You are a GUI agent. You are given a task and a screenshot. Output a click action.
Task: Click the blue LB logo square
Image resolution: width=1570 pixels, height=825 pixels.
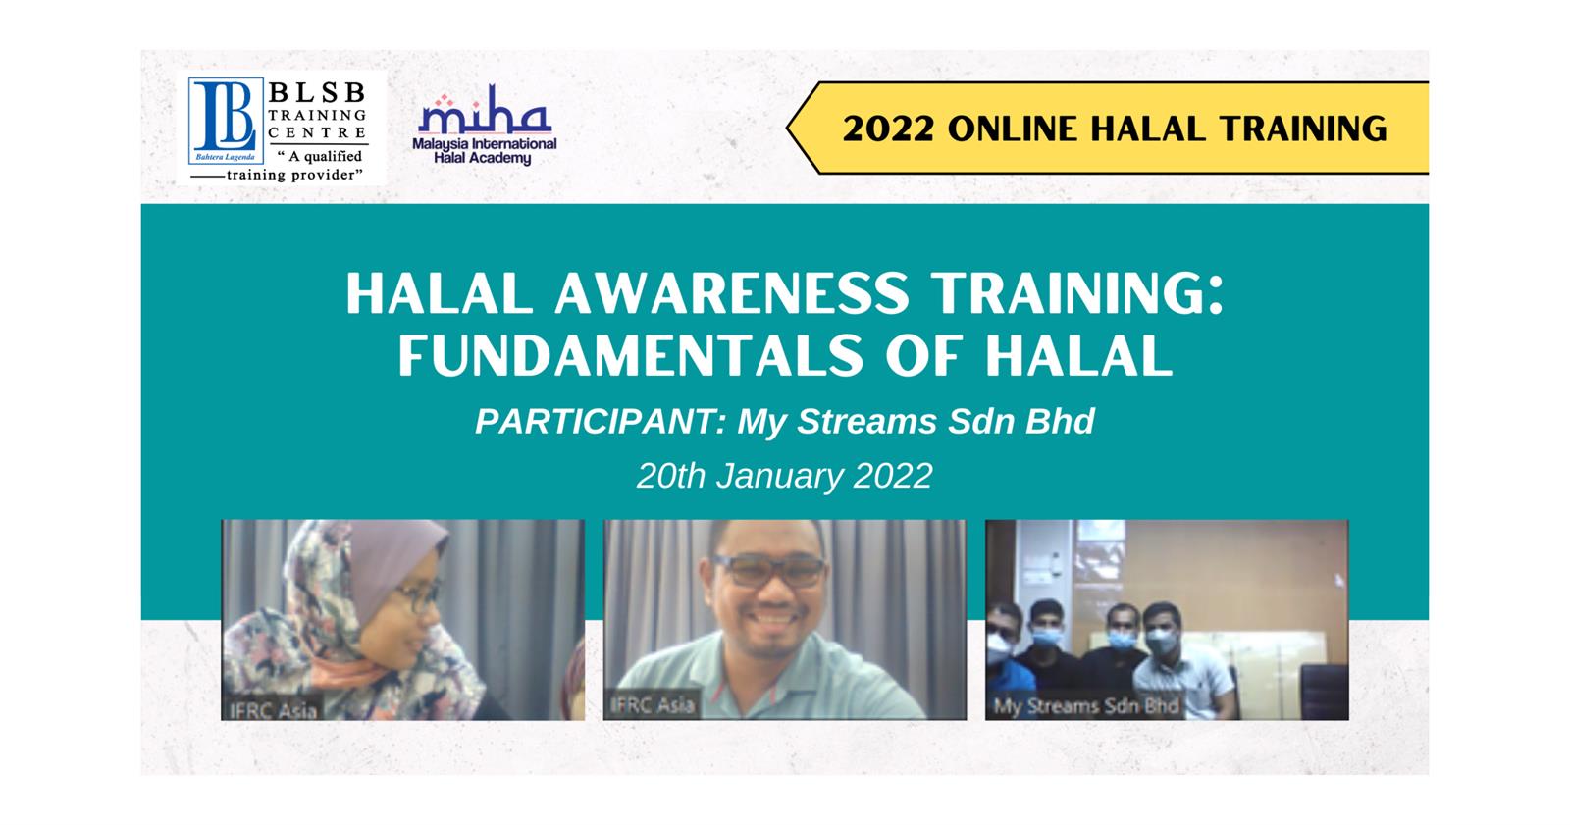click(x=226, y=121)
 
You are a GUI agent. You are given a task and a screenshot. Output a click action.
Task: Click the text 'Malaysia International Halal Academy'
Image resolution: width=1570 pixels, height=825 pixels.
click(x=485, y=151)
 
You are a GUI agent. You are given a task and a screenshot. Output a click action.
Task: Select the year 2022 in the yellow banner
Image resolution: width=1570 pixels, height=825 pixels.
click(x=888, y=129)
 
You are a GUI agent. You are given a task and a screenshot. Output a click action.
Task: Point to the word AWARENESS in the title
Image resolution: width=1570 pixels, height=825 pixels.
click(x=732, y=293)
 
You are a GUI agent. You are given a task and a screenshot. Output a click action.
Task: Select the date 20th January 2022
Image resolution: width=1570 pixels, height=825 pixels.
click(x=784, y=476)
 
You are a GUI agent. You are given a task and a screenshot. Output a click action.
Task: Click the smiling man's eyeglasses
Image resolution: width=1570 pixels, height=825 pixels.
click(x=769, y=571)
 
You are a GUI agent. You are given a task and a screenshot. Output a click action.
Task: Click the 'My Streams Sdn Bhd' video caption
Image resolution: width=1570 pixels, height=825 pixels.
click(x=1085, y=706)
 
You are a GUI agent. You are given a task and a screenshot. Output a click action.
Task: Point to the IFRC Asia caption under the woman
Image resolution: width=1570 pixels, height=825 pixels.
click(x=274, y=710)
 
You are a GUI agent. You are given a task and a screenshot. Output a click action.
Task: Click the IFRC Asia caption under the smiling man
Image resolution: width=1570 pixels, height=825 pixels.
click(x=653, y=704)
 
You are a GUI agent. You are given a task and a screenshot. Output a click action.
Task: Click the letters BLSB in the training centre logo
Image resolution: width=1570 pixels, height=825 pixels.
click(x=318, y=92)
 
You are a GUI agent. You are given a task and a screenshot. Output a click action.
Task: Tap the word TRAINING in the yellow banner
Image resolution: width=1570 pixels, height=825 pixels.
click(x=1302, y=129)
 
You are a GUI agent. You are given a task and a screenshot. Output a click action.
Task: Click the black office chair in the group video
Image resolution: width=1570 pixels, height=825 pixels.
click(x=1324, y=691)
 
